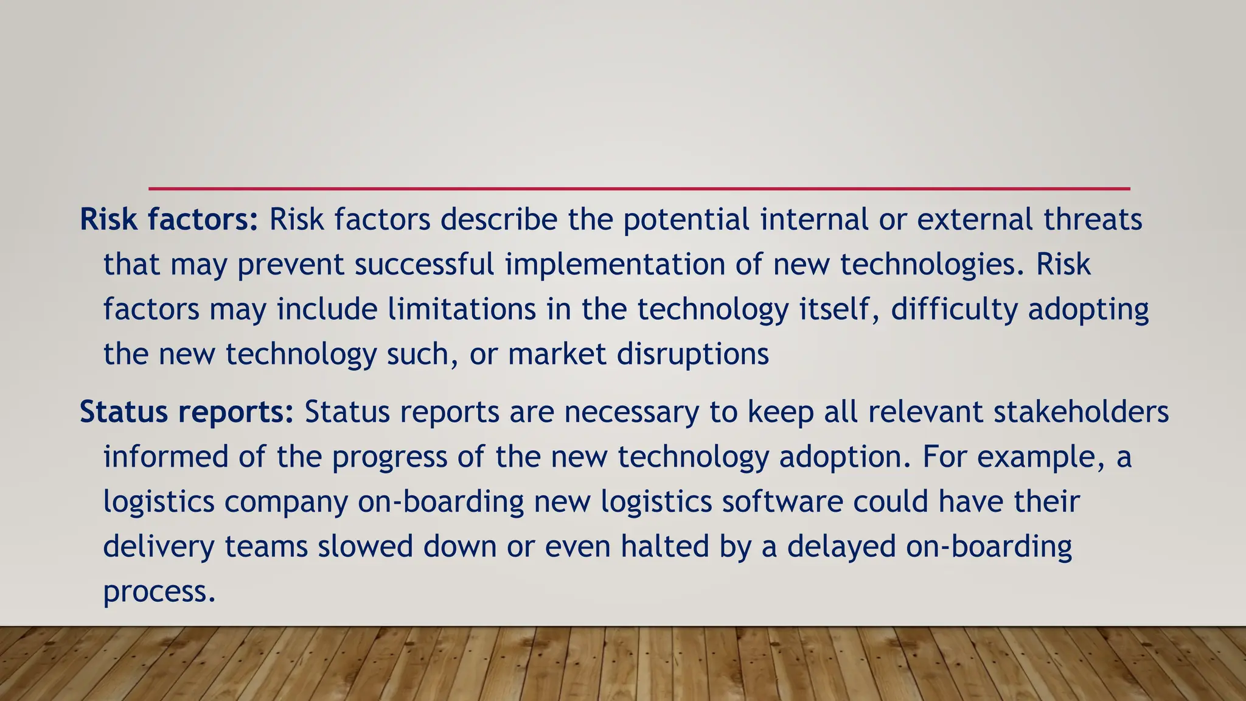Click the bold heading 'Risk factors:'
[169, 220]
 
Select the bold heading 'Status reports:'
[187, 412]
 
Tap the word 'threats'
[1093, 220]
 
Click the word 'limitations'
[462, 309]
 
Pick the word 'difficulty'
[954, 309]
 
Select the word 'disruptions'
[693, 354]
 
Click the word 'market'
[557, 354]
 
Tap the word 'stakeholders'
[1081, 412]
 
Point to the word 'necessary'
[632, 412]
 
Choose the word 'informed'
[165, 457]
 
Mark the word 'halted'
[664, 546]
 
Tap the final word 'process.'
[159, 591]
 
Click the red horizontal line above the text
[639, 189]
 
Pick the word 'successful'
[424, 265]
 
